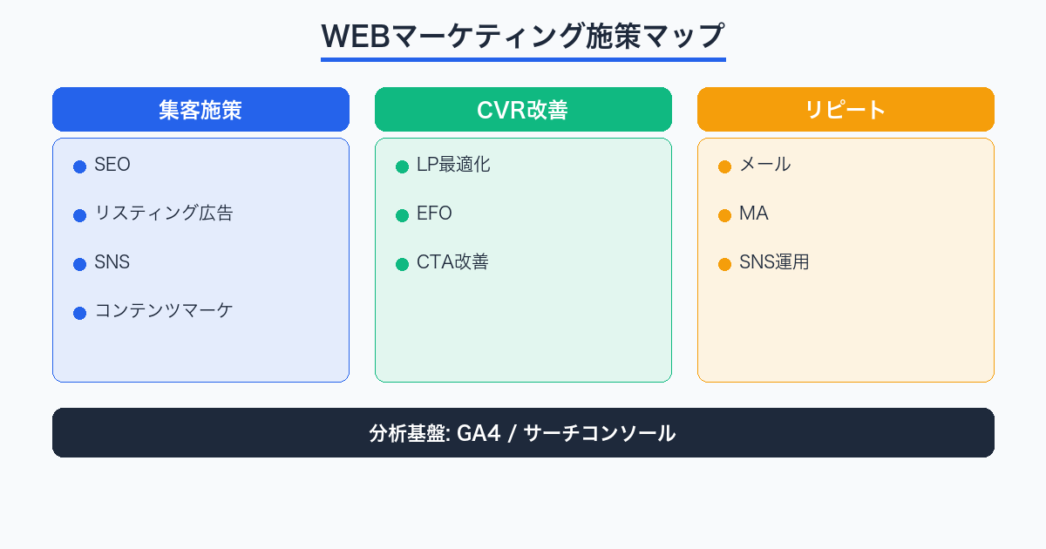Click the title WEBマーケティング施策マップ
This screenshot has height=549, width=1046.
tap(523, 37)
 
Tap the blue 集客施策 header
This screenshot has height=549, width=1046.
tap(200, 110)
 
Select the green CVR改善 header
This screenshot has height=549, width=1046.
tap(523, 110)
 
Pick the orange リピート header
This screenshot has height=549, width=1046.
tap(846, 110)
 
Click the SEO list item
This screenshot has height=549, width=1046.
tap(112, 165)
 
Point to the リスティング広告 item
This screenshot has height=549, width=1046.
tap(164, 213)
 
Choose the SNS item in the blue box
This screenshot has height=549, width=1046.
tap(112, 262)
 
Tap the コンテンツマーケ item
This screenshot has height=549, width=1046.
tap(164, 311)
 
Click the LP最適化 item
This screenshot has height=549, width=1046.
tap(453, 165)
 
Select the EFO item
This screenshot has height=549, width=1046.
tap(435, 213)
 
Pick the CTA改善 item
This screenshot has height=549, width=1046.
tap(452, 262)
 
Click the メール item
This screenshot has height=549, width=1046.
tap(765, 165)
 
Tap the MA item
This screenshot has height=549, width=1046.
tap(754, 213)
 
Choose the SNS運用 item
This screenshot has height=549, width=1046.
tap(774, 262)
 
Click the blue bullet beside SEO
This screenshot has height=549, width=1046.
tap(79, 166)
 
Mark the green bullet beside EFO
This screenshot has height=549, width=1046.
tap(402, 215)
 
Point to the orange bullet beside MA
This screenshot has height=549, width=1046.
tap(724, 215)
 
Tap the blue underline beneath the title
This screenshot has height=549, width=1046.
tap(523, 59)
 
